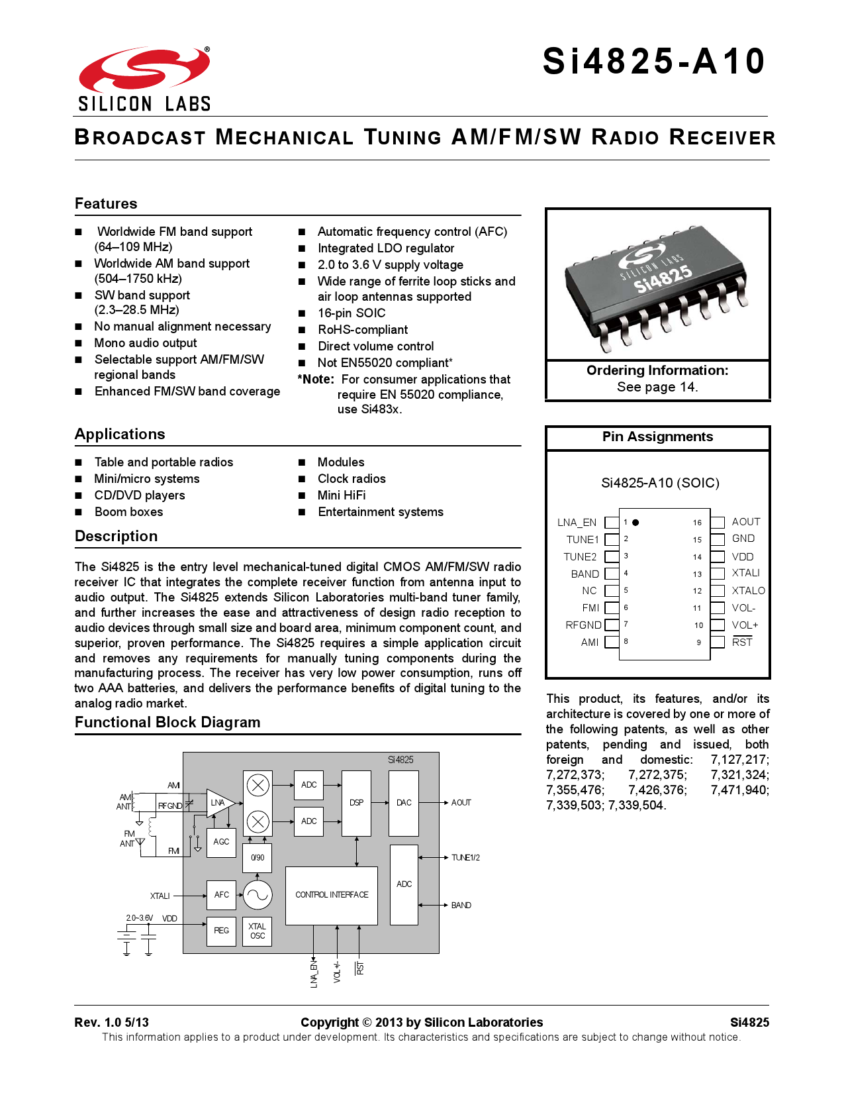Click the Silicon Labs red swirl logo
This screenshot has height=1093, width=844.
pyautogui.click(x=144, y=70)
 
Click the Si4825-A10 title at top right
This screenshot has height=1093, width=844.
pyautogui.click(x=653, y=62)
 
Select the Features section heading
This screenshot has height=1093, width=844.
pyautogui.click(x=106, y=203)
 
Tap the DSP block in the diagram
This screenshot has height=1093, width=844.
pyautogui.click(x=356, y=803)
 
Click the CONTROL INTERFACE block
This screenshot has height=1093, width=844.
pyautogui.click(x=331, y=895)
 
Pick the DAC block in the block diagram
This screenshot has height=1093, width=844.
pyautogui.click(x=404, y=803)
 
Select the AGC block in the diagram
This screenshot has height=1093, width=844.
pyautogui.click(x=221, y=842)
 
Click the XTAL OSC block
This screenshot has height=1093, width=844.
pyautogui.click(x=258, y=931)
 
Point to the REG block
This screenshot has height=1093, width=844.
pyautogui.click(x=221, y=931)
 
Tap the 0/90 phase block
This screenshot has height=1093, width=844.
pyautogui.click(x=258, y=858)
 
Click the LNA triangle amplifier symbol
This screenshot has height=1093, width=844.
pyautogui.click(x=218, y=803)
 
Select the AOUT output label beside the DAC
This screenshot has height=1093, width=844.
pyautogui.click(x=461, y=803)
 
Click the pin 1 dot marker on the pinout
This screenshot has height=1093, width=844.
pyautogui.click(x=635, y=523)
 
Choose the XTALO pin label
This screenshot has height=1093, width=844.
pyautogui.click(x=748, y=591)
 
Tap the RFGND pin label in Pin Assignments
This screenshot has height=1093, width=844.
pyautogui.click(x=583, y=625)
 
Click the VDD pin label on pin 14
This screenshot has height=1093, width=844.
pyautogui.click(x=743, y=557)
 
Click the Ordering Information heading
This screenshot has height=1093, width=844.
pyautogui.click(x=657, y=370)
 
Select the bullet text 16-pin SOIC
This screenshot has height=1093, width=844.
pyautogui.click(x=351, y=313)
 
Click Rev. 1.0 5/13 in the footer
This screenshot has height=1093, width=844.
pyautogui.click(x=112, y=1022)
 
